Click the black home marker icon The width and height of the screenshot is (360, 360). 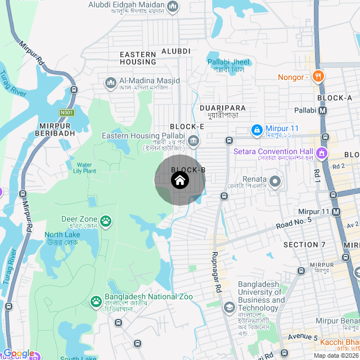(x=179, y=180)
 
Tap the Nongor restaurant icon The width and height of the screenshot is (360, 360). (x=318, y=77)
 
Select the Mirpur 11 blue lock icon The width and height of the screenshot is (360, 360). (x=256, y=130)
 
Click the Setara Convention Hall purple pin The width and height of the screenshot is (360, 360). (x=322, y=152)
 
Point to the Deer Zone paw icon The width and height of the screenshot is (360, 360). (x=106, y=220)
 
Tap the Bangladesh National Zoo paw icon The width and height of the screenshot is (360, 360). (x=96, y=302)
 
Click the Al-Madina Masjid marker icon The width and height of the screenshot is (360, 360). (x=110, y=83)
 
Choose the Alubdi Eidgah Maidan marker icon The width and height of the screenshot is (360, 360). (x=173, y=7)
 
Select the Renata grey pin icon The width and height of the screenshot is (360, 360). (x=275, y=182)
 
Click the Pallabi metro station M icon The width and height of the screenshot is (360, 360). (x=323, y=111)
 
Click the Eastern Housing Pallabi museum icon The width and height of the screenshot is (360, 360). (x=193, y=140)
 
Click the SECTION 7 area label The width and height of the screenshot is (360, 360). (x=304, y=245)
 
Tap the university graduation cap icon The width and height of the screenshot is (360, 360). (x=229, y=307)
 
